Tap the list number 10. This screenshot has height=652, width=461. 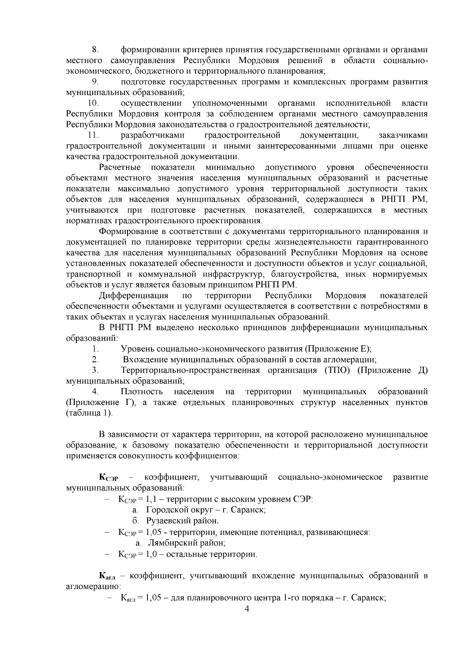point(93,103)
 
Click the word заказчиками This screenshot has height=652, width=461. point(403,135)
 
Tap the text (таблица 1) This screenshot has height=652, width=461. point(90,413)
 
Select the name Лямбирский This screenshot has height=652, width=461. point(168,543)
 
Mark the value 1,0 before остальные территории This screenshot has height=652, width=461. point(150,554)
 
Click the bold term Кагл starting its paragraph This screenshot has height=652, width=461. point(108,576)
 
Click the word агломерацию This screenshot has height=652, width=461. point(93,587)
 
